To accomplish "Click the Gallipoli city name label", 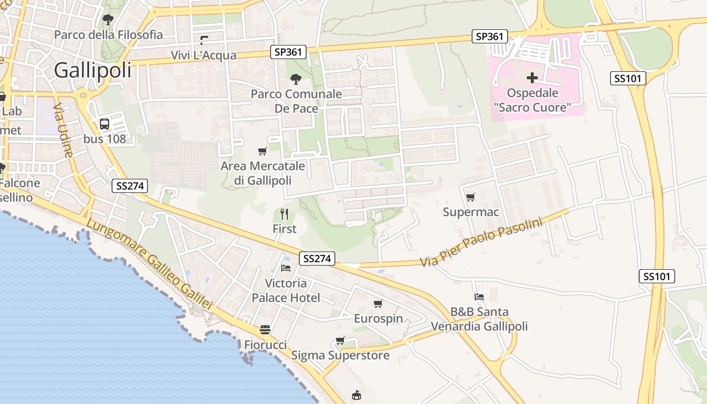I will (x=92, y=70).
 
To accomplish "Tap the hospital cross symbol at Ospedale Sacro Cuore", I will (x=532, y=78).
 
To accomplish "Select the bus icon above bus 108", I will (x=105, y=124).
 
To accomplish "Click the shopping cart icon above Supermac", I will (x=471, y=197).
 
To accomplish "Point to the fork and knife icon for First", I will (x=284, y=214).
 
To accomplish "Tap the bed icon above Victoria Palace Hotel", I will (x=286, y=268).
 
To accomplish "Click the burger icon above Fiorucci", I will (x=265, y=330).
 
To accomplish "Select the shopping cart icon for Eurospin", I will (x=378, y=304).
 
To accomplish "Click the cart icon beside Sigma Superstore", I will (x=340, y=341).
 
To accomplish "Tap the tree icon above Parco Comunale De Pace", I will (x=296, y=79).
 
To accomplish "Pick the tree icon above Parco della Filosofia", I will (x=108, y=20).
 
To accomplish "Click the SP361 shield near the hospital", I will (x=490, y=36).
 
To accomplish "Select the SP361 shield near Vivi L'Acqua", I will (x=289, y=52).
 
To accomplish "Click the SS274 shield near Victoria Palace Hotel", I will (x=317, y=259).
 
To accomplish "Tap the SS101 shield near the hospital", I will (x=628, y=78).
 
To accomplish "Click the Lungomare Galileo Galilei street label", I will (x=149, y=264).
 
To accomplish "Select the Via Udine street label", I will (x=63, y=130).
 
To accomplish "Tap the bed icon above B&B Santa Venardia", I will (x=479, y=297).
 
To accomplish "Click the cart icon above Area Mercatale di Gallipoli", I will (x=263, y=151).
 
